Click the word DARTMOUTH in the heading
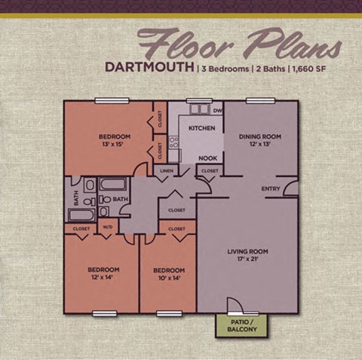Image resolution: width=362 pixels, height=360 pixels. point(149,66)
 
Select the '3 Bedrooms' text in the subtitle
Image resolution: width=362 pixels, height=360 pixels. point(224,68)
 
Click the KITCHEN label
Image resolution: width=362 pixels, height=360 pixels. point(201,128)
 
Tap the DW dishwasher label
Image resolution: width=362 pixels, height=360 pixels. point(216,111)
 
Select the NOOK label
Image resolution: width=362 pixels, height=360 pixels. point(208,159)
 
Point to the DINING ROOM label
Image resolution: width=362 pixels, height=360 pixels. point(259,136)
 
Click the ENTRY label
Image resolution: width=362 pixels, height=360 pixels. point(271,188)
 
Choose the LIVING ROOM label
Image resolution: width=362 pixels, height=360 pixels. point(248,252)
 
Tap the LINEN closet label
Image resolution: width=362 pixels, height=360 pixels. point(167,172)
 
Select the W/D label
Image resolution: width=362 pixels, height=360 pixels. point(107,227)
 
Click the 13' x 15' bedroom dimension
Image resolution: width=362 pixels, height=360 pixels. point(115,145)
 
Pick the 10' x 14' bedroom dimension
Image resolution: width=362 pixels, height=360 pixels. point(168,276)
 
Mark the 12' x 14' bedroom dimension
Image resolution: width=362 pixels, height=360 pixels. point(103,276)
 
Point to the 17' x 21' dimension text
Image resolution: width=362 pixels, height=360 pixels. point(248,260)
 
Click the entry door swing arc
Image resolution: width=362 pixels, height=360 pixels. point(290,188)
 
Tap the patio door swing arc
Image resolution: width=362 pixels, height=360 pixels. point(237,304)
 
